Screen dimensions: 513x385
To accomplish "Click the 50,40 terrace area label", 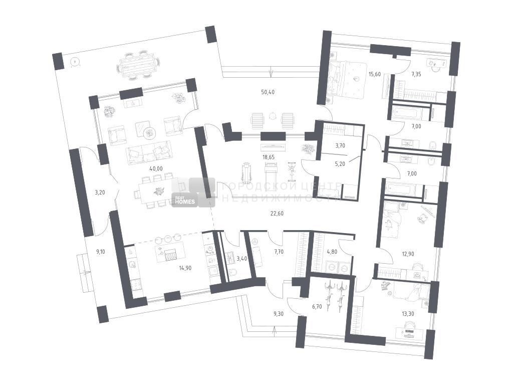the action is pyautogui.click(x=268, y=92).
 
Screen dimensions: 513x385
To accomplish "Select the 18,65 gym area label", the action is pyautogui.click(x=268, y=157).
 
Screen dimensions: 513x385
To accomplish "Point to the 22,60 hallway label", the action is pyautogui.click(x=277, y=214).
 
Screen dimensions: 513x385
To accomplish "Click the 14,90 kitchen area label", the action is pyautogui.click(x=185, y=268).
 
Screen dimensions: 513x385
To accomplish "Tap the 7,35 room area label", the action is pyautogui.click(x=416, y=74).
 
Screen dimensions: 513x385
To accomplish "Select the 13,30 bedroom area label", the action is pyautogui.click(x=408, y=314).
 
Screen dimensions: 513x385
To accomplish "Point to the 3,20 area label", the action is pyautogui.click(x=100, y=192).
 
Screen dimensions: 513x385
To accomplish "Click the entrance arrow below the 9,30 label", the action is pyautogui.click(x=274, y=331).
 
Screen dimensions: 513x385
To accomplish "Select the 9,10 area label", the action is pyautogui.click(x=101, y=252).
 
